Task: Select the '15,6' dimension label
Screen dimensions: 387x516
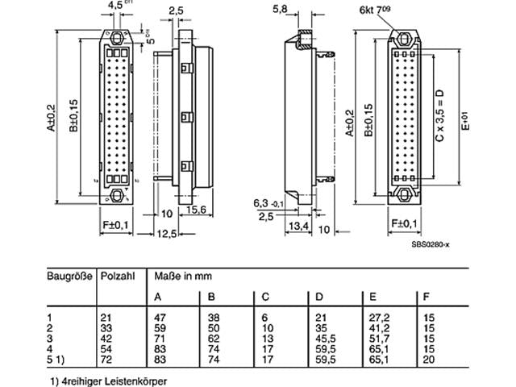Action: tap(197, 210)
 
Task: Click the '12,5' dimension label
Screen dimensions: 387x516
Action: tap(167, 233)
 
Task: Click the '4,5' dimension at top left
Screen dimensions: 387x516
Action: tap(115, 5)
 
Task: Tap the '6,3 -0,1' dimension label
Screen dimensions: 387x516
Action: tap(264, 204)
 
